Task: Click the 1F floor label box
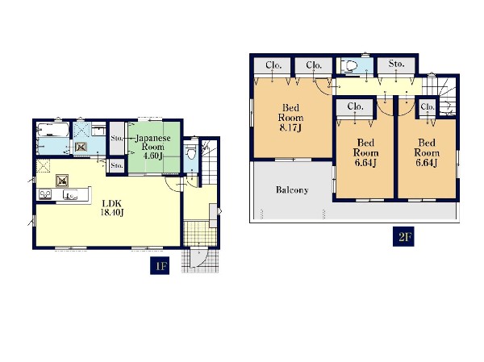pyautogui.click(x=161, y=265)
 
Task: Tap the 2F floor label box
pyautogui.click(x=403, y=237)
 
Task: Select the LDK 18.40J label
pyautogui.click(x=112, y=208)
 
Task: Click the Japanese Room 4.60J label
pyautogui.click(x=152, y=147)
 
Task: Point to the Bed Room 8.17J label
pyautogui.click(x=290, y=118)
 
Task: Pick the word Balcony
pyautogui.click(x=292, y=189)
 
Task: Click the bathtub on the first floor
pyautogui.click(x=52, y=130)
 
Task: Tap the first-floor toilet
pyautogui.click(x=190, y=152)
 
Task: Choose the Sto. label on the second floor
pyautogui.click(x=396, y=64)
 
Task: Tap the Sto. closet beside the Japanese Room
pyautogui.click(x=117, y=138)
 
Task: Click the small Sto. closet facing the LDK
pyautogui.click(x=117, y=166)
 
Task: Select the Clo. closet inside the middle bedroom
pyautogui.click(x=355, y=106)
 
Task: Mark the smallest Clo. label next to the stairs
pyautogui.click(x=428, y=106)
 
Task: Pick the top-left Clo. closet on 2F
pyautogui.click(x=273, y=66)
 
